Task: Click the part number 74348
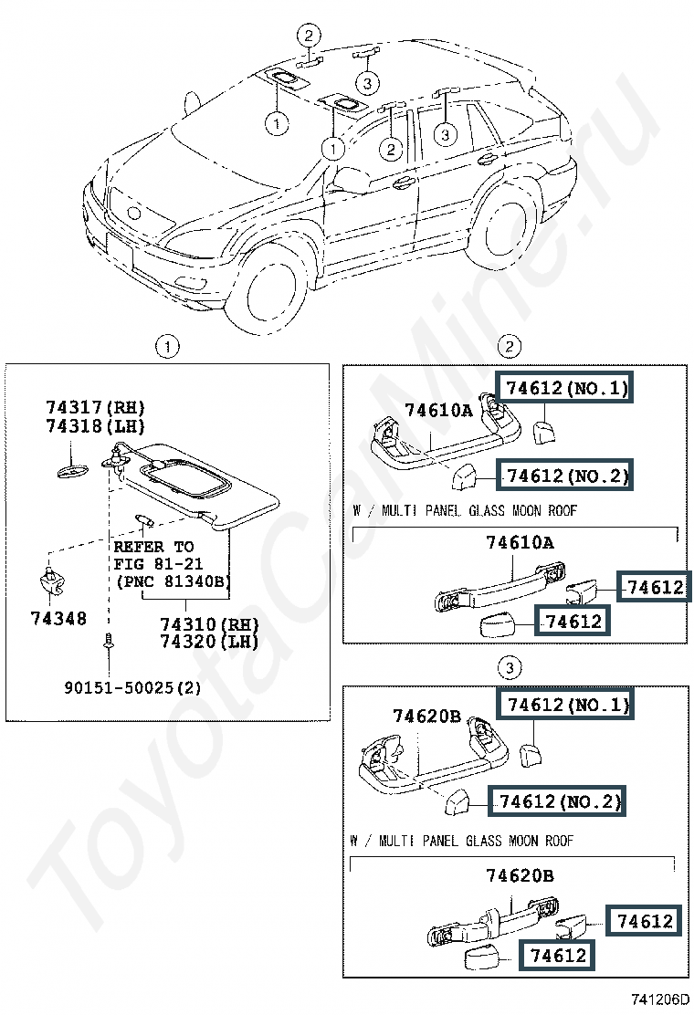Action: [57, 619]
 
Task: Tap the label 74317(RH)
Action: [97, 407]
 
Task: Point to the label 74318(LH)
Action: [97, 424]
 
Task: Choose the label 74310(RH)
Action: [209, 625]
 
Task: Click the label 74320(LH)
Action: [209, 642]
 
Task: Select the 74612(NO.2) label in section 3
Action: [559, 801]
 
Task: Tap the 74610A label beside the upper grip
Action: [438, 410]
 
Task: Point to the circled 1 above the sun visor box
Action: [166, 347]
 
